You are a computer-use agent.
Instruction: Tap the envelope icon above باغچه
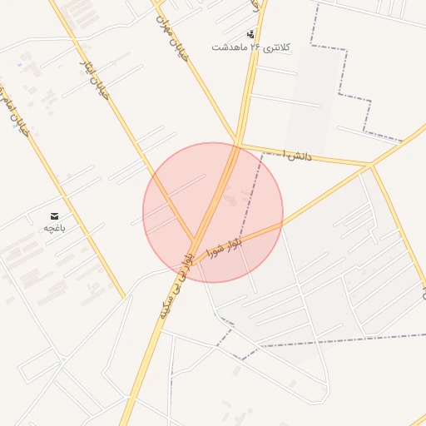pyautogui.click(x=54, y=215)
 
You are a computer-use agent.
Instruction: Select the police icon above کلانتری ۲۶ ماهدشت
pyautogui.click(x=250, y=34)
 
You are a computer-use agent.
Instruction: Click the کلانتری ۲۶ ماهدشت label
pyautogui.click(x=250, y=47)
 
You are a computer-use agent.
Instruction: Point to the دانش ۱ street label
pyautogui.click(x=296, y=154)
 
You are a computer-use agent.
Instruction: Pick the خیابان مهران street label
pyautogui.click(x=173, y=38)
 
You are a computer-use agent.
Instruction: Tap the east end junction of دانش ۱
pyautogui.click(x=370, y=166)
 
